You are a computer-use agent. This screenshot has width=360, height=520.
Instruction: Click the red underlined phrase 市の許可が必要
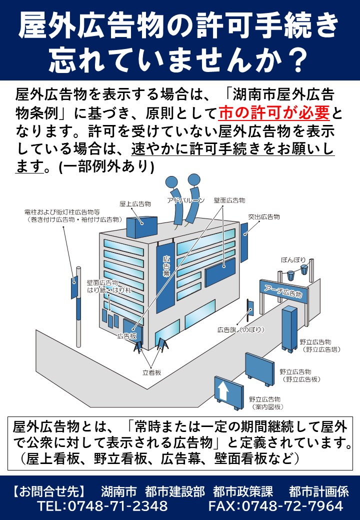click(274, 113)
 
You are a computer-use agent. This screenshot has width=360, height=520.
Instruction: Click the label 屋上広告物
click(135, 204)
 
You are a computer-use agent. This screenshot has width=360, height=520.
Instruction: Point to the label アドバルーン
click(185, 200)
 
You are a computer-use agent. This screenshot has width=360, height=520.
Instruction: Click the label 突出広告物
click(263, 217)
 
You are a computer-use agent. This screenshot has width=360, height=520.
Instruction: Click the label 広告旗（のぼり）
click(240, 329)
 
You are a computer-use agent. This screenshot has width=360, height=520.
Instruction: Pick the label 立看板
click(151, 373)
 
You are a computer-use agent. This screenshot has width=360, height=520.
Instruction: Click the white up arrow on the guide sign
click(223, 390)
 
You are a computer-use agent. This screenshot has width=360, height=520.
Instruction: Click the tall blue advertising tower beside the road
click(289, 327)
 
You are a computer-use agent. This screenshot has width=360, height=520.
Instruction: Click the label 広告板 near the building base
click(127, 336)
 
